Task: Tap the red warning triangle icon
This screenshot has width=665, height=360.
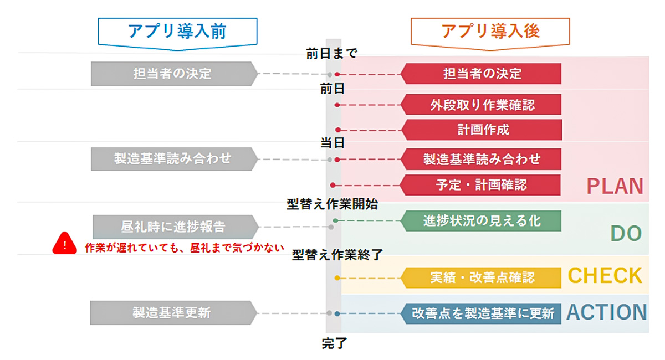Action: point(65,243)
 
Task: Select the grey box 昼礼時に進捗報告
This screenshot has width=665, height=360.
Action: point(176,227)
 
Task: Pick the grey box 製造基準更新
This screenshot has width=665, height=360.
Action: point(173,313)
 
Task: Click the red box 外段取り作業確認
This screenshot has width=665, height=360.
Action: point(481,105)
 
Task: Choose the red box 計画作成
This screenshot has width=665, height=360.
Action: point(482,130)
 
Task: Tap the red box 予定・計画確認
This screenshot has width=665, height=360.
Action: point(480,185)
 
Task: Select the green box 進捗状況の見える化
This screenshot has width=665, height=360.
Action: point(481,221)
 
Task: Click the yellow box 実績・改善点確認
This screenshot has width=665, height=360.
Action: point(481,278)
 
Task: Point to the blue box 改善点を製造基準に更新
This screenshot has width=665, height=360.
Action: point(481,313)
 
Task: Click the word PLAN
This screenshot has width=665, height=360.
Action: point(615,186)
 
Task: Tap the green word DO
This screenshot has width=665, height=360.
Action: point(626,233)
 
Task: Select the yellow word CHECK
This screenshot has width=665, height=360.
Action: point(605,275)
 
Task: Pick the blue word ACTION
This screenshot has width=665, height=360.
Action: point(606,312)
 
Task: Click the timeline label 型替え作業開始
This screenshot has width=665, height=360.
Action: point(332,204)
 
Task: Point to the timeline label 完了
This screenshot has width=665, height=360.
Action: point(334,343)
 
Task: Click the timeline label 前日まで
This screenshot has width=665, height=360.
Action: point(331,54)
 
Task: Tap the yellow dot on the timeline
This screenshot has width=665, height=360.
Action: point(337,278)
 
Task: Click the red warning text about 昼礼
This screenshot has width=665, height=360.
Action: point(185,247)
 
